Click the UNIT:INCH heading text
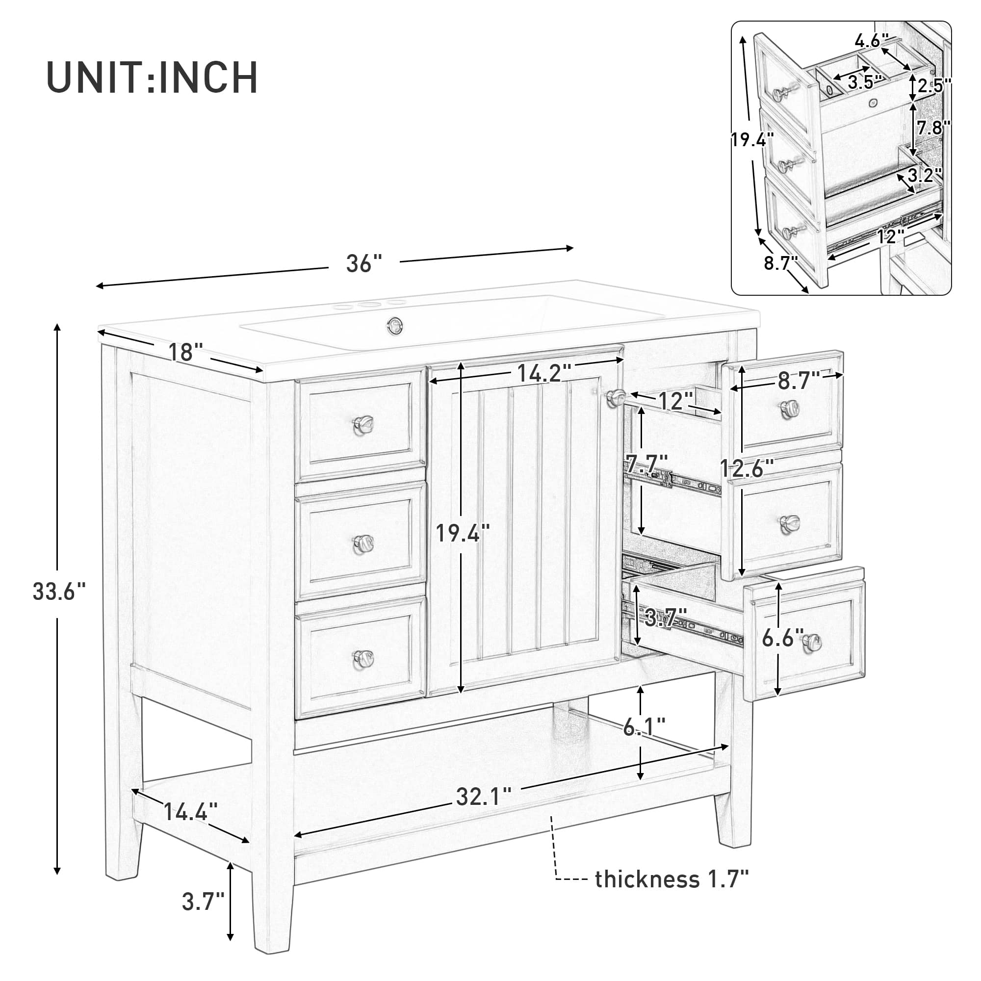(153, 77)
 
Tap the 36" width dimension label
(363, 263)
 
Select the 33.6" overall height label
(59, 592)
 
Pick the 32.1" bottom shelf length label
(484, 797)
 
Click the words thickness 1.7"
(671, 879)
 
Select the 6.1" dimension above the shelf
(644, 728)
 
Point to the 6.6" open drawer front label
(782, 638)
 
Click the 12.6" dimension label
(747, 468)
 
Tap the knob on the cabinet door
(616, 397)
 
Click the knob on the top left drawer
(363, 424)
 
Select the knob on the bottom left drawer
(363, 658)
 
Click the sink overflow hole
(394, 325)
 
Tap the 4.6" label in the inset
(871, 41)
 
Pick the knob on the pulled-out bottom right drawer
(812, 644)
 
